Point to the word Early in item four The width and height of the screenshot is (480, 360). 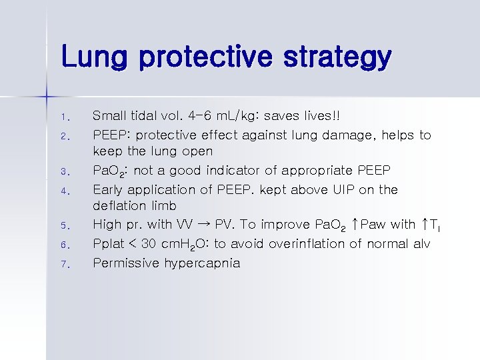109,189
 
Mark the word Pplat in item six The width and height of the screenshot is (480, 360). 109,244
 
